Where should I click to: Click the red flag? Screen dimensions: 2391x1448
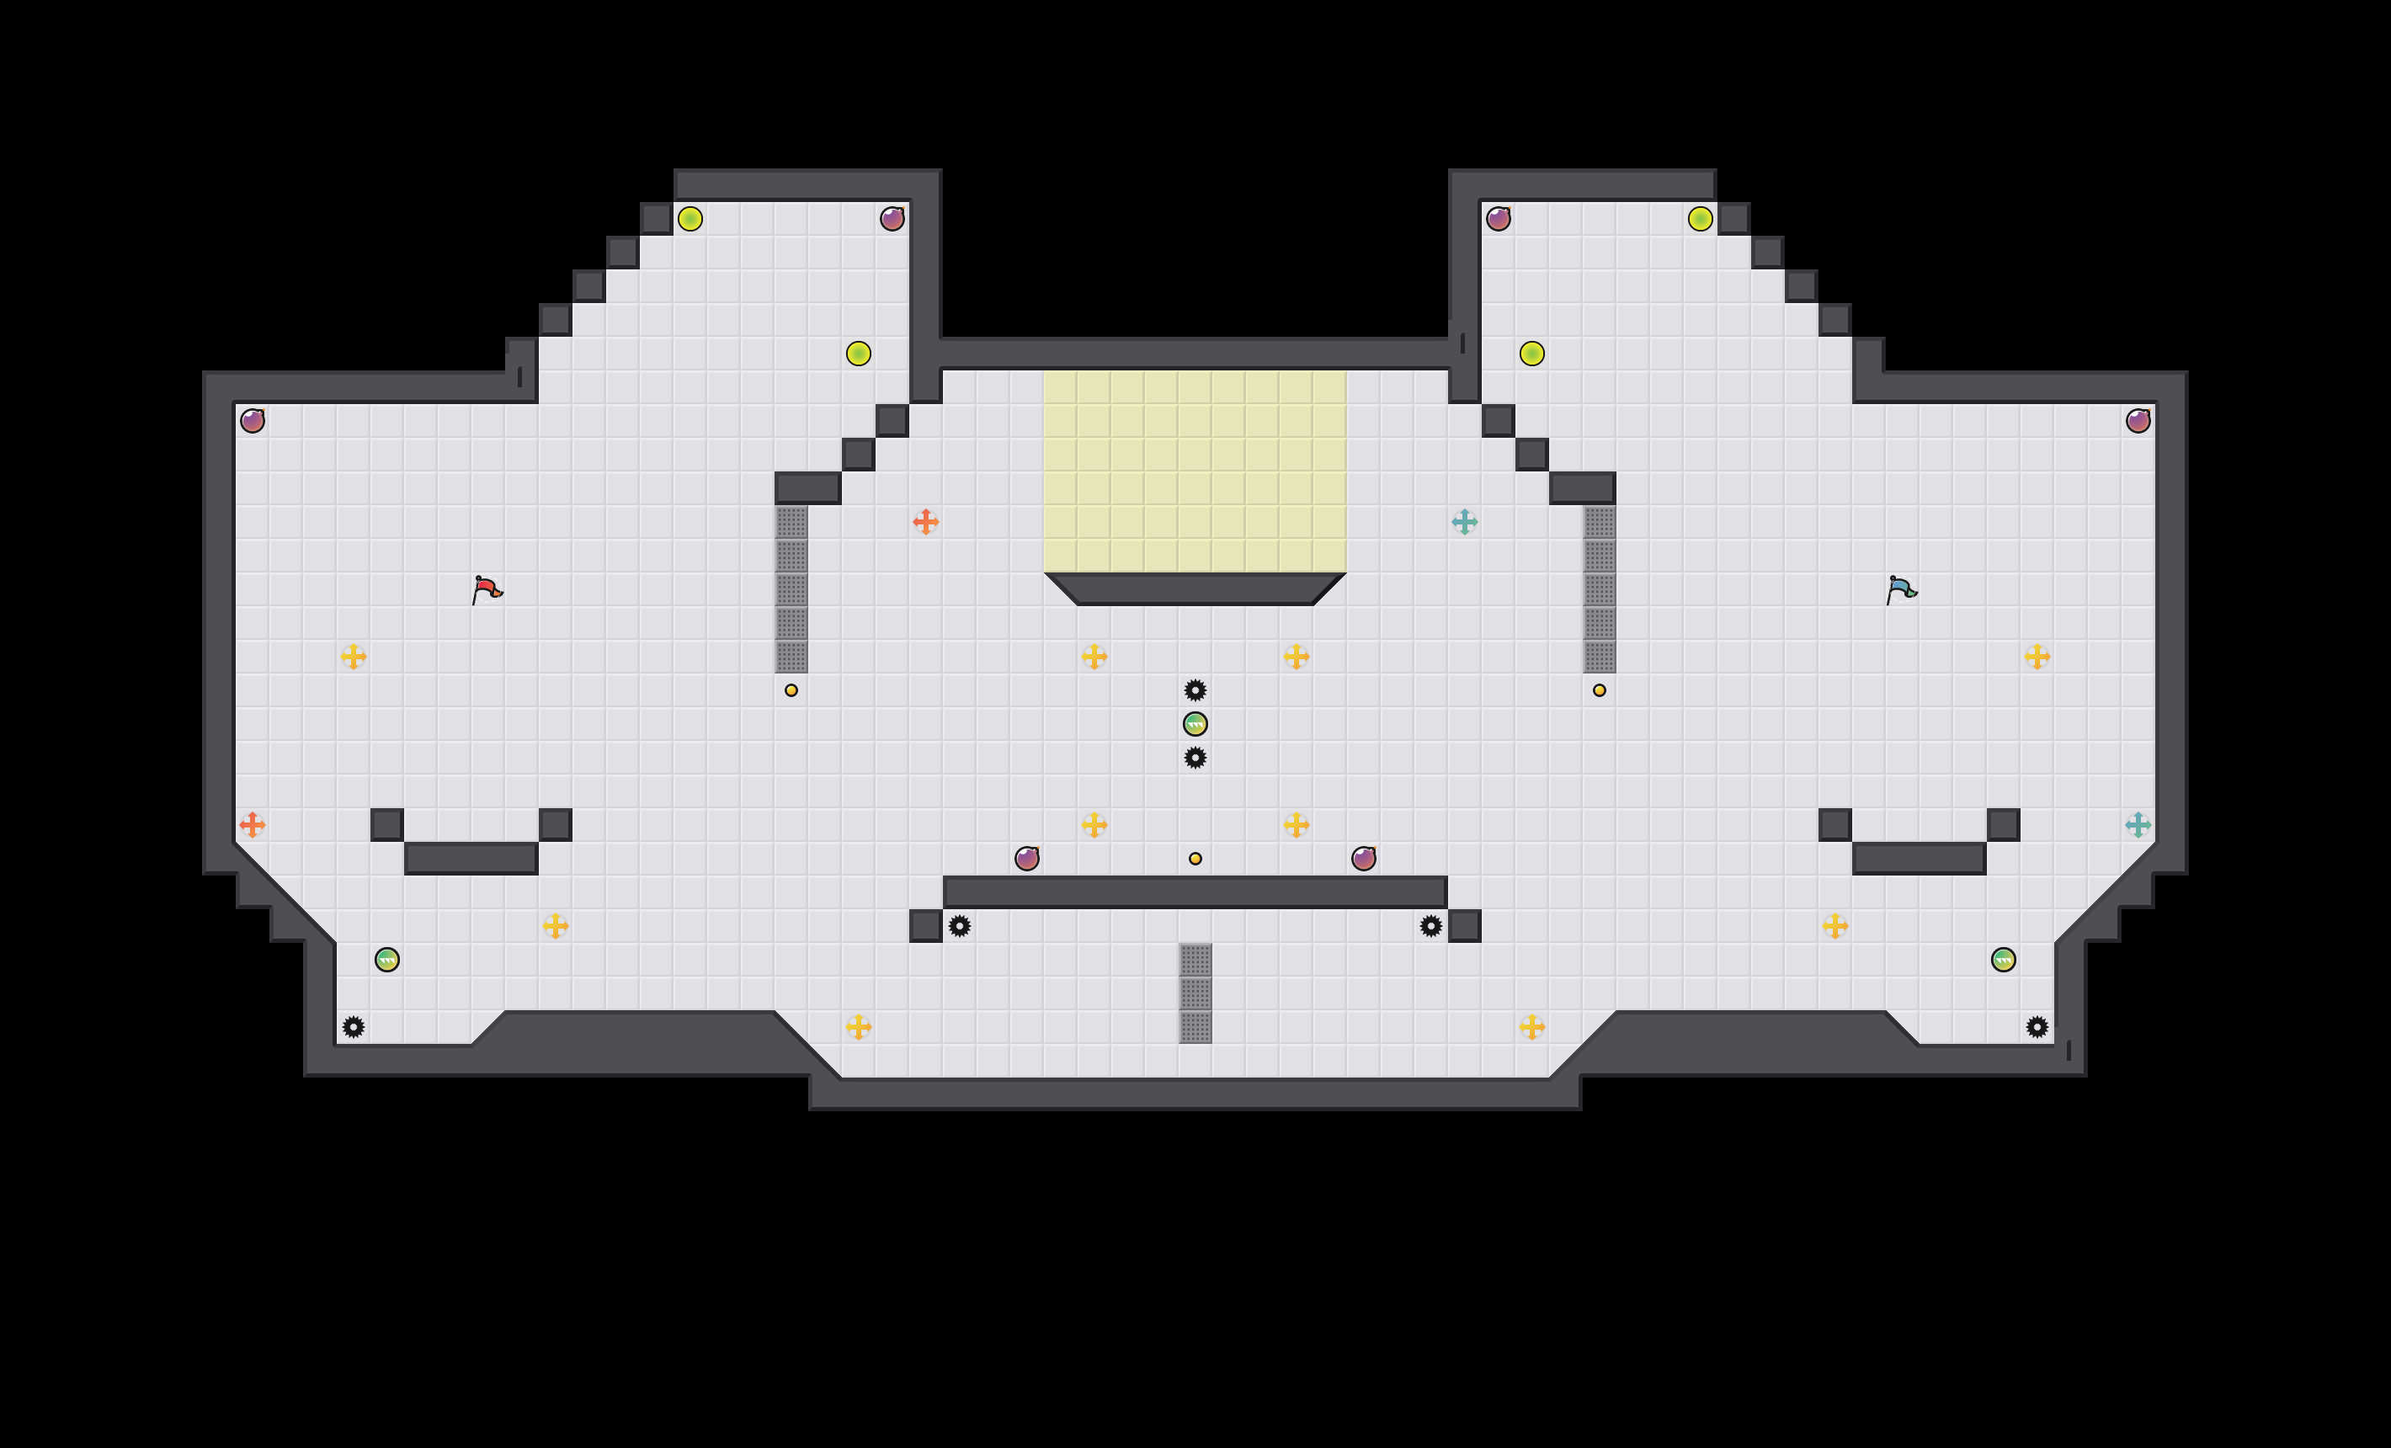(x=486, y=589)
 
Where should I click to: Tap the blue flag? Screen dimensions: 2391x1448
(x=1901, y=589)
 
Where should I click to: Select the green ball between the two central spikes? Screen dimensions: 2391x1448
(x=1195, y=724)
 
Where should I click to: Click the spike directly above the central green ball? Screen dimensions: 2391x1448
(x=1195, y=690)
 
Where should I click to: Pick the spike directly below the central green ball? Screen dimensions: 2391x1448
(x=1195, y=758)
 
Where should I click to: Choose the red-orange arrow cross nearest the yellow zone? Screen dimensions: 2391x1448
(x=926, y=522)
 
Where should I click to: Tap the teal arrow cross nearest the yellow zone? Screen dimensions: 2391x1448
(x=1464, y=522)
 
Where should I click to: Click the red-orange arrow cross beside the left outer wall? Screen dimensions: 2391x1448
(x=253, y=825)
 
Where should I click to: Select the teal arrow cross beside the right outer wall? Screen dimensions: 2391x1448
(x=2138, y=825)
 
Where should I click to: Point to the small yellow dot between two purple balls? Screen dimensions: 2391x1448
(x=1195, y=859)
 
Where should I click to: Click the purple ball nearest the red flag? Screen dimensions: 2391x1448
(x=253, y=420)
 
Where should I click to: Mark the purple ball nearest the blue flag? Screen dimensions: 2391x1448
(x=2138, y=420)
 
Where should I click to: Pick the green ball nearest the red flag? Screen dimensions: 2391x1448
(x=387, y=960)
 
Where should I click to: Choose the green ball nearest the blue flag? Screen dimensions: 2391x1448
(x=2004, y=960)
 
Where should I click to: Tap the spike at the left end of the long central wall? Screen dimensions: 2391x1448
(x=960, y=926)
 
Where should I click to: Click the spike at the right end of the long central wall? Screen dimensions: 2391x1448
(x=1431, y=926)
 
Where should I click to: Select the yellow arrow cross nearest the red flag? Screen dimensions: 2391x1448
(x=354, y=657)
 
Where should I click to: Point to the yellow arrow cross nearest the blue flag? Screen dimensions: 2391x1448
(x=2037, y=657)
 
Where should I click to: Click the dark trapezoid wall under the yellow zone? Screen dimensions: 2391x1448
(x=1195, y=589)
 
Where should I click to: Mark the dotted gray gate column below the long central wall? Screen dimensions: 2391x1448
(x=1195, y=993)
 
